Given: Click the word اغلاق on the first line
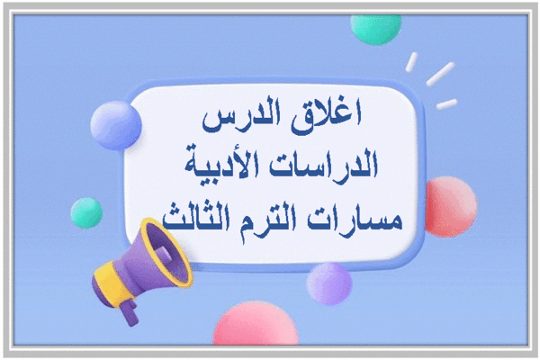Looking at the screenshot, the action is coord(326,116).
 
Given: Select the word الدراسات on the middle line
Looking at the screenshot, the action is coord(323,165).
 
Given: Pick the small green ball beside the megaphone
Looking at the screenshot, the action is coord(86,213).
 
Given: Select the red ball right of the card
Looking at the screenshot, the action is coord(451,207).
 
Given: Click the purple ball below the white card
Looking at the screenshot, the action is coord(329,283).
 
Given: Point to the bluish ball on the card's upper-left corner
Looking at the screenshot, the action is coord(116,125).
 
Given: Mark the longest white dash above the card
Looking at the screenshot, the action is coord(440,74).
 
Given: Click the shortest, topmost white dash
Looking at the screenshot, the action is coord(411,62).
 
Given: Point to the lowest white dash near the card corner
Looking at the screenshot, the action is coord(446,104).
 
